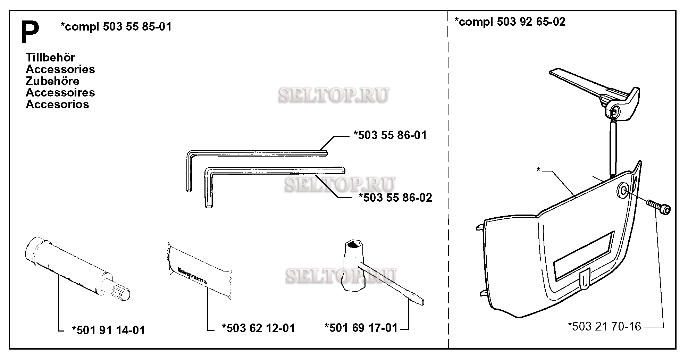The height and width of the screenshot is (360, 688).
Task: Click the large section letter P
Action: [x=30, y=32]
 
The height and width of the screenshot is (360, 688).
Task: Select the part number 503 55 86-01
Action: [x=390, y=135]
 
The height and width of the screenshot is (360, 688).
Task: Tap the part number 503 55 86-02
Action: [x=395, y=198]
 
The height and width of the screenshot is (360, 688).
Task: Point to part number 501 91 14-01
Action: [x=108, y=330]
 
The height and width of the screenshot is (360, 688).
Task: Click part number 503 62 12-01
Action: [x=259, y=328]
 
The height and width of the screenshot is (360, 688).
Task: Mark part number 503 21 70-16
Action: [x=604, y=327]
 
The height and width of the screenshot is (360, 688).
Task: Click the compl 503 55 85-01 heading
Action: [x=116, y=27]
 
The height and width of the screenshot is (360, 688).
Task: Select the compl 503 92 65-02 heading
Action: [x=510, y=22]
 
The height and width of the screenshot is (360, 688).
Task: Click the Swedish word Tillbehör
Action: [x=50, y=57]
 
